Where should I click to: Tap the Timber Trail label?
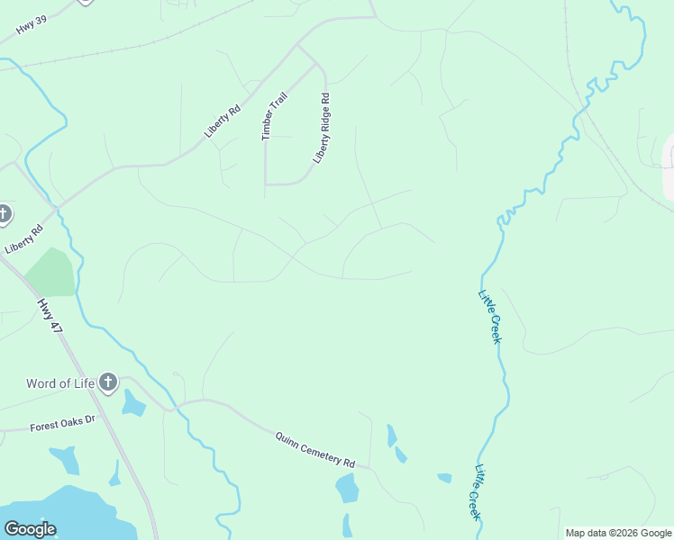coord(274,115)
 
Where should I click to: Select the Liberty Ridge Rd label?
coord(323,129)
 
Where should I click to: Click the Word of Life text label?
coord(60,383)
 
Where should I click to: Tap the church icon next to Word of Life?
coord(108,383)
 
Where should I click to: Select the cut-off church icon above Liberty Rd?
coord(4,214)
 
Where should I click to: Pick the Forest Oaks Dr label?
coord(62,421)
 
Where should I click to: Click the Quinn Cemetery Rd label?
coord(315,447)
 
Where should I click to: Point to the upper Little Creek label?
coord(489,315)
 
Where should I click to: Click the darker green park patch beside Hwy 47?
coord(51,273)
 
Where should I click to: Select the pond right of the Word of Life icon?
coord(132,404)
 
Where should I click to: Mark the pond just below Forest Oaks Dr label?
coord(66,460)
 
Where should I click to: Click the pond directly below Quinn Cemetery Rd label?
coord(347,489)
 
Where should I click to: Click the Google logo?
coord(30,529)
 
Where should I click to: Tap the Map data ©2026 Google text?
coord(618,533)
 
